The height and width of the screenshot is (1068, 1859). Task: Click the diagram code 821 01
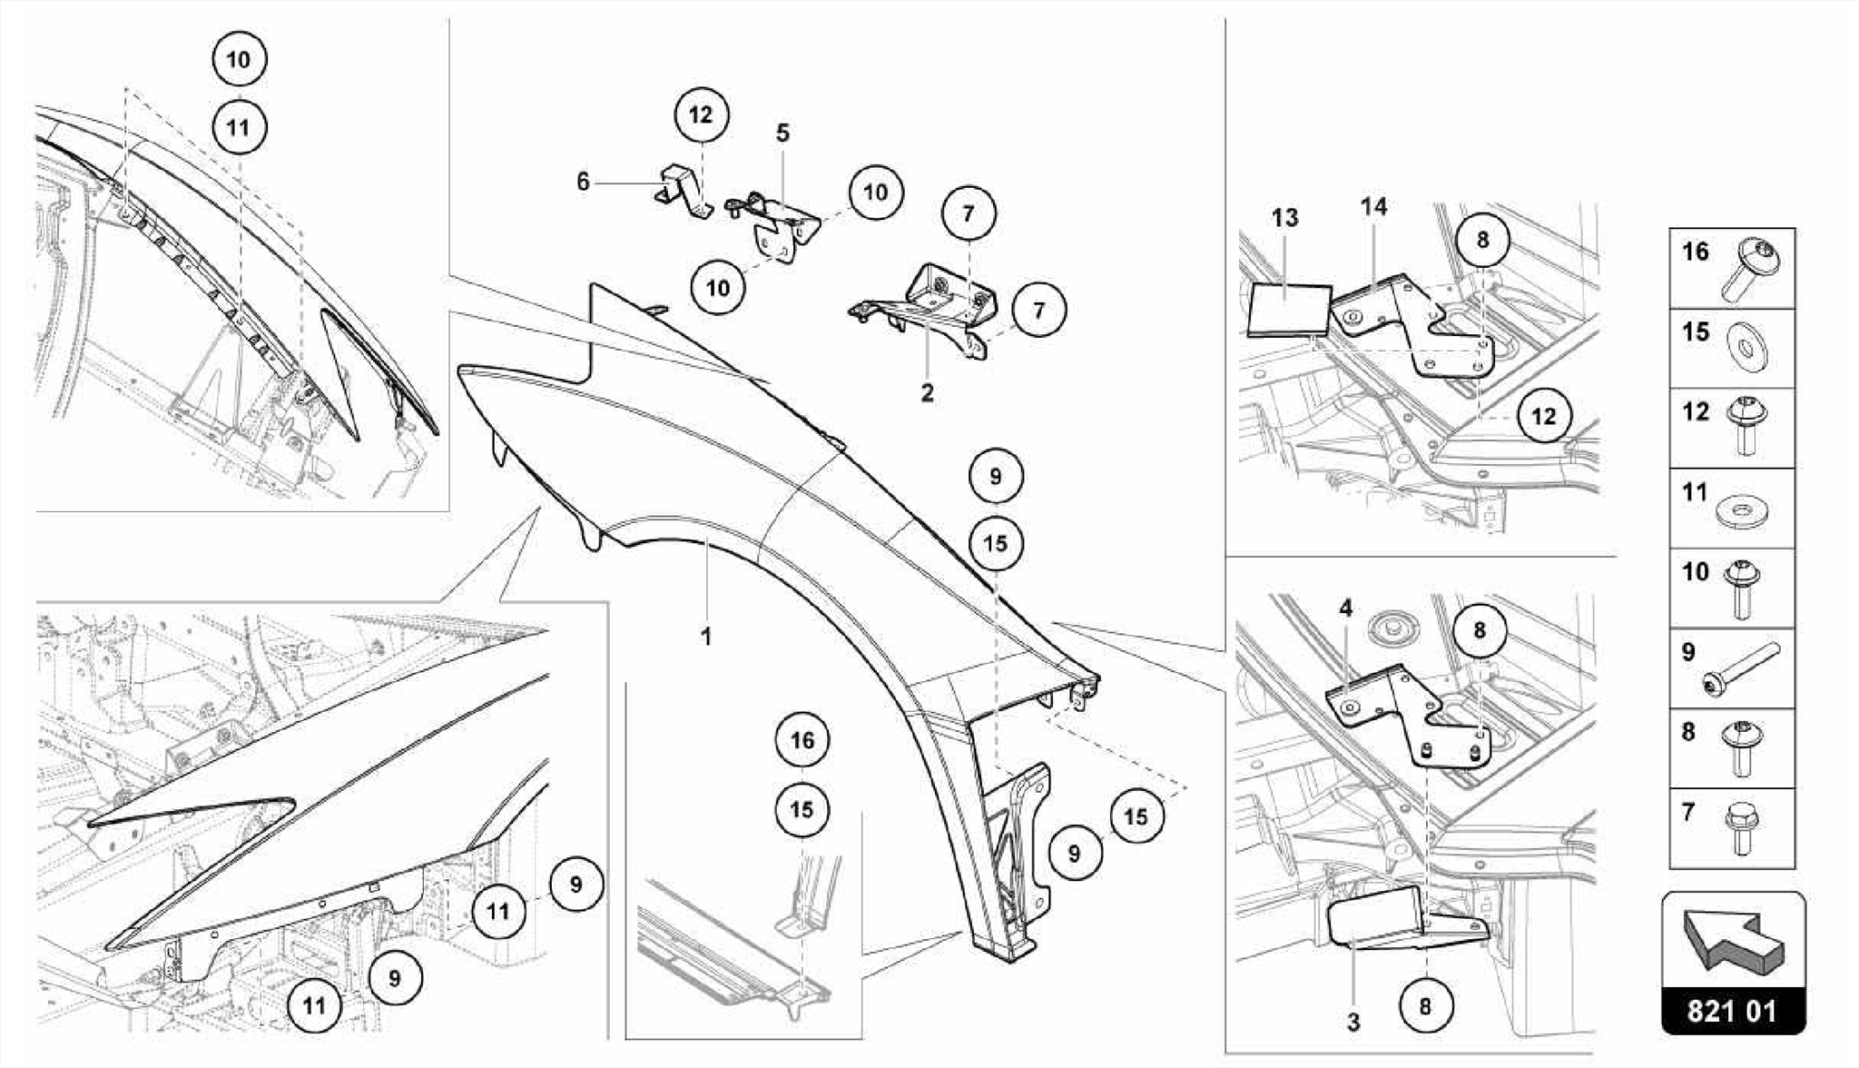pos(1732,1011)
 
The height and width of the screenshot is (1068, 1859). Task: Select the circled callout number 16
pos(802,740)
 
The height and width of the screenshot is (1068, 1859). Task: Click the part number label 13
pos(1284,218)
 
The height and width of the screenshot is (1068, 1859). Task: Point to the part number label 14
pos(1373,207)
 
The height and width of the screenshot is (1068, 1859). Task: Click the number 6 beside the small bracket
pos(583,182)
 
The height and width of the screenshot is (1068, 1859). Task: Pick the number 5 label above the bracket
pos(782,133)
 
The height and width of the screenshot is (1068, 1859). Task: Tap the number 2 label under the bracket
pos(927,393)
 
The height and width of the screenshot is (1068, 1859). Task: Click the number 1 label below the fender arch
pos(705,637)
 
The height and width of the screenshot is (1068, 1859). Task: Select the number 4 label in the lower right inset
pos(1345,608)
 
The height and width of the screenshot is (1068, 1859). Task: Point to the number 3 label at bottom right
pos(1352,1022)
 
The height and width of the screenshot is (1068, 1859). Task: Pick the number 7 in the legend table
pos(1688,812)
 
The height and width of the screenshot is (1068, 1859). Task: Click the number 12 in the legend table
pos(1695,411)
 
